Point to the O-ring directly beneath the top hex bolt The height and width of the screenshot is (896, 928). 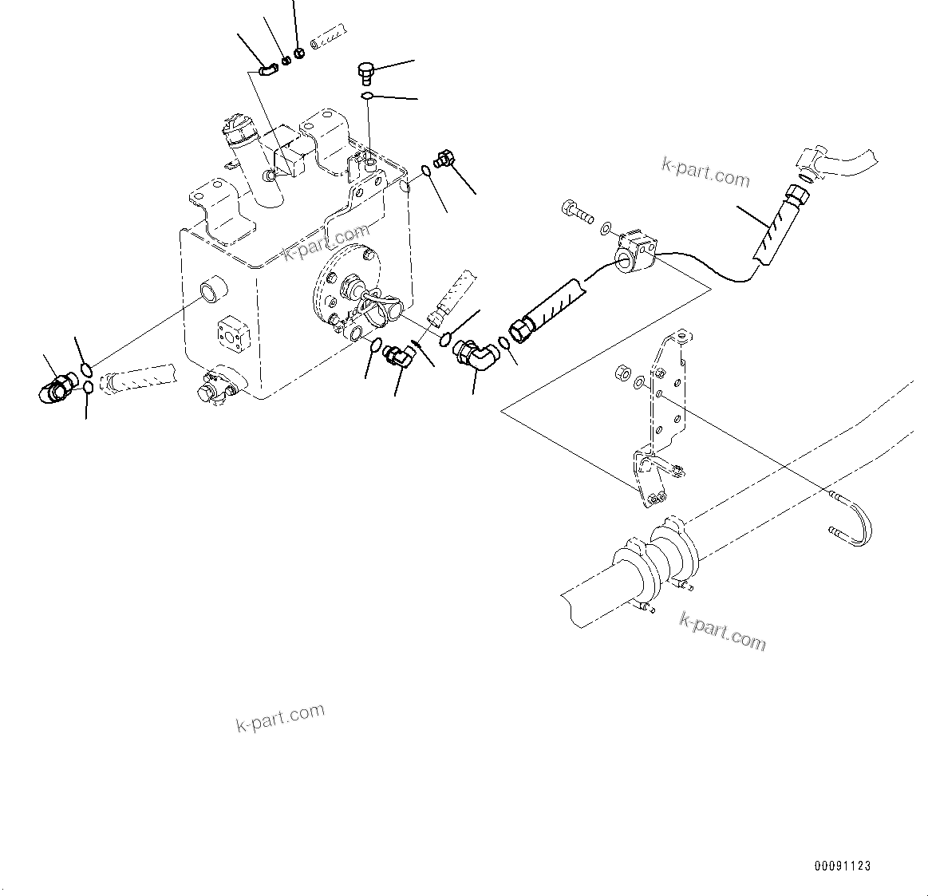(366, 97)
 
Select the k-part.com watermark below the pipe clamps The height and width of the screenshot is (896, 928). (722, 631)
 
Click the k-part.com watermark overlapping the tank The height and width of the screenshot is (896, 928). (326, 243)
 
